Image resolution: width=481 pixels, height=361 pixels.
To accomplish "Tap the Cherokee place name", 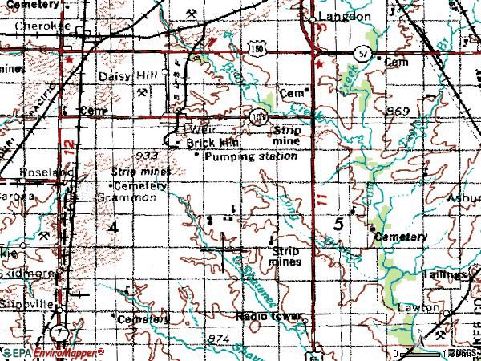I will click(x=41, y=26).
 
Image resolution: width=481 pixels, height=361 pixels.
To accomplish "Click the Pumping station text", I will click(x=250, y=156).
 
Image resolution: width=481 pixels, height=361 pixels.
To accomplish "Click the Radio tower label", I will click(x=269, y=317).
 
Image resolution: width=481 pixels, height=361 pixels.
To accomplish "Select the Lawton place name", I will click(x=418, y=307).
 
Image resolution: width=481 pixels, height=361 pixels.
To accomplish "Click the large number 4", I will click(x=112, y=228).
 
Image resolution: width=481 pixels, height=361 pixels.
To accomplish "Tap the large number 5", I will click(x=338, y=225).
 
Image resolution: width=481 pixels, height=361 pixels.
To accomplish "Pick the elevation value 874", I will click(x=196, y=339).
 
